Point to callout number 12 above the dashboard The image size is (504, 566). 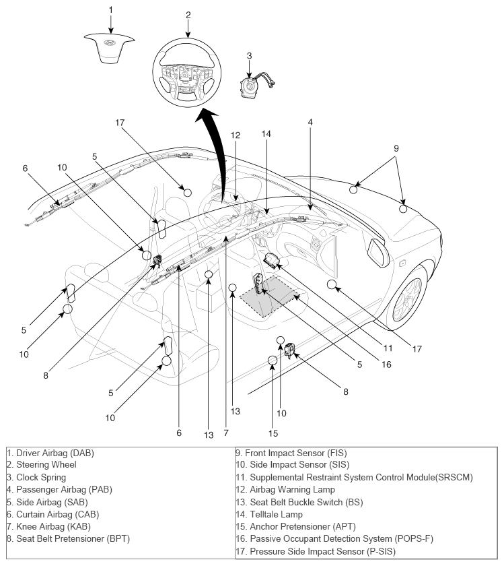click(235, 135)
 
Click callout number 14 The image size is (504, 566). click(266, 134)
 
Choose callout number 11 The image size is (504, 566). click(388, 348)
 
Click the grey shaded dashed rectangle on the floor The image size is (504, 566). click(270, 295)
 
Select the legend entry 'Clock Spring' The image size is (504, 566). click(37, 477)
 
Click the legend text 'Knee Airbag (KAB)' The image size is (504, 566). click(51, 526)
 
